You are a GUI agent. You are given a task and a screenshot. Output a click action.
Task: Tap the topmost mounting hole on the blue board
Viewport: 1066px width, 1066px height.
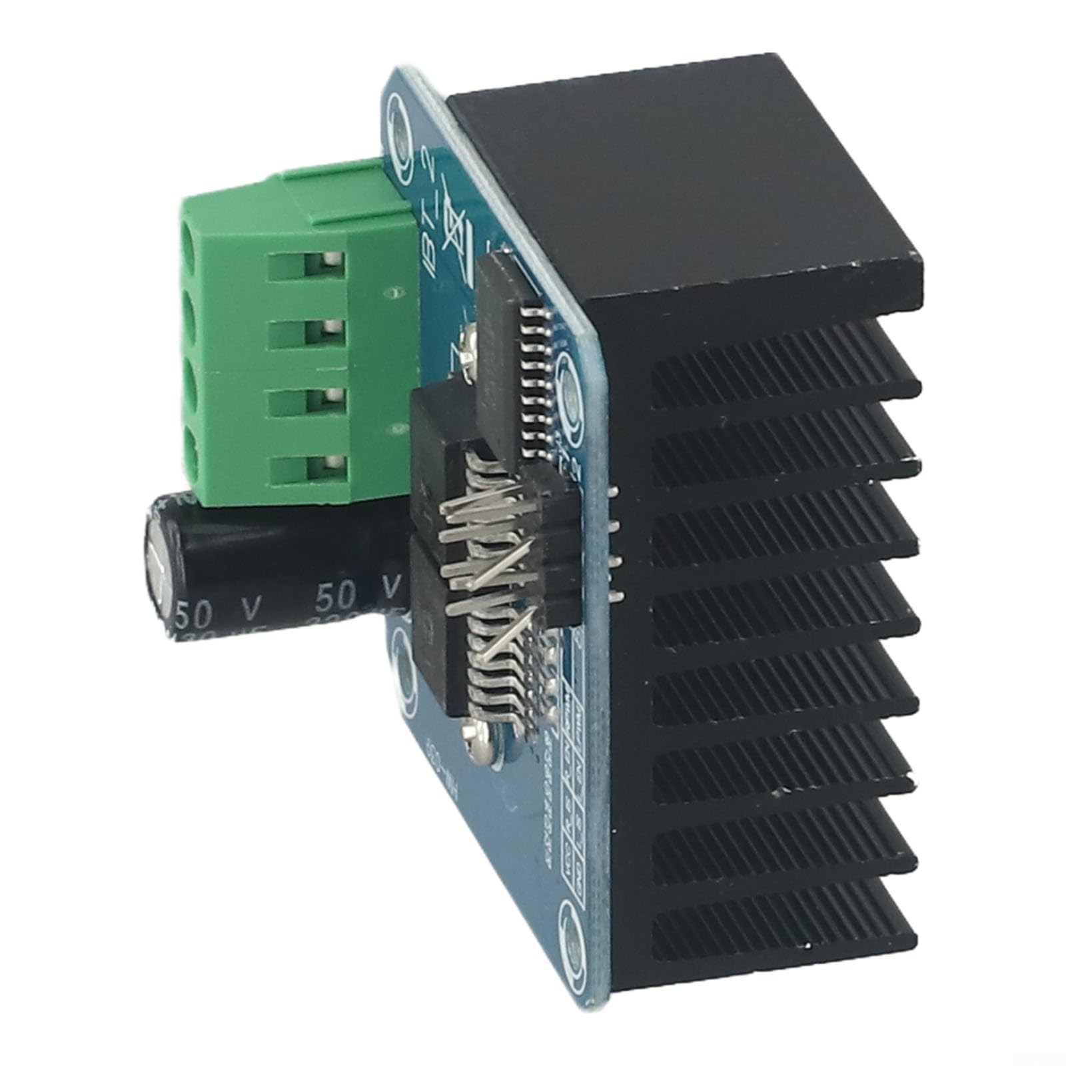pos(399,127)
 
